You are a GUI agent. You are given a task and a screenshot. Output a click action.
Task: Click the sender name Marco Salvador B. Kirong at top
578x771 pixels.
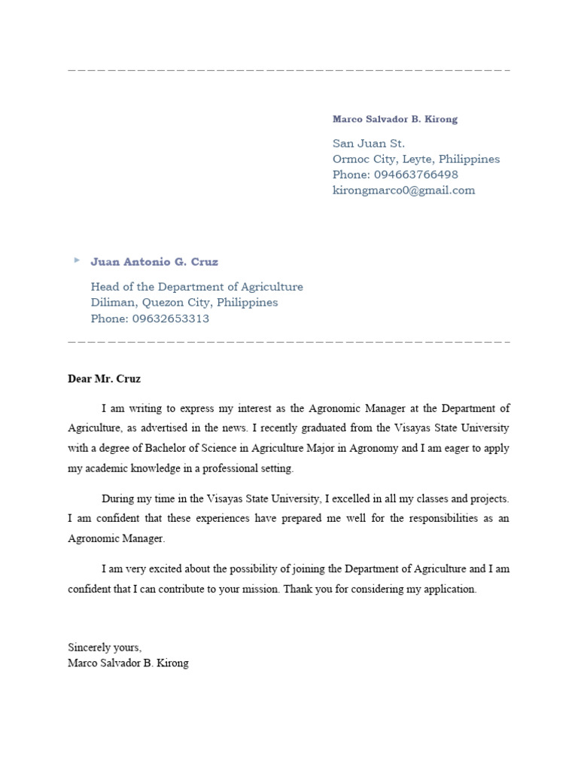395,119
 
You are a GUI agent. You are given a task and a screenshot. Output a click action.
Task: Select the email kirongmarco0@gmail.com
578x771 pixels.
403,190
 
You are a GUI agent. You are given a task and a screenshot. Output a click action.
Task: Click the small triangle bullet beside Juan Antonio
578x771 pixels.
76,260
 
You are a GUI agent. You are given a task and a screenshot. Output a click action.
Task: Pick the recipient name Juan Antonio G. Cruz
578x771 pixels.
154,262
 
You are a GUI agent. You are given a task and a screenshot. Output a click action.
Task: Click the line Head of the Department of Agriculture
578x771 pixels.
196,287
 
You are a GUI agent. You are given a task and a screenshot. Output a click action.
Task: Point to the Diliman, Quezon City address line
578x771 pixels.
184,303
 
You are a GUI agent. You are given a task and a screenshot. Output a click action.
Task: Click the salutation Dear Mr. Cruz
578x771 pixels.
104,379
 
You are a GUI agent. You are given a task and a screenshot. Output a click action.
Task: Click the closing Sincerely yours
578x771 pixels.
105,648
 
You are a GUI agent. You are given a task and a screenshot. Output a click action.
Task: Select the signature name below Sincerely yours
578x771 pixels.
128,663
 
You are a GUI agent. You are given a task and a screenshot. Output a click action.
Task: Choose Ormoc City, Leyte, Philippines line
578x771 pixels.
416,159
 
